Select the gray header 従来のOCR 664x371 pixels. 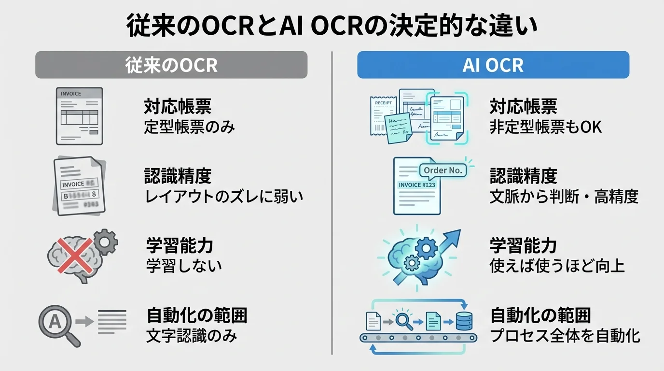tap(171, 65)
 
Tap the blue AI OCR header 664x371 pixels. tap(493, 65)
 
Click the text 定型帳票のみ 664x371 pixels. tap(189, 127)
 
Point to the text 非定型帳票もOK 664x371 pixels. tap(545, 127)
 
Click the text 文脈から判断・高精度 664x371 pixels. tap(564, 197)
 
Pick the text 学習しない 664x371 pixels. tap(184, 265)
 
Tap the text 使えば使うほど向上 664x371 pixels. tap(557, 266)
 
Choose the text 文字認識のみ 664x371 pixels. tap(192, 336)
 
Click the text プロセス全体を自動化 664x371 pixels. tap(565, 336)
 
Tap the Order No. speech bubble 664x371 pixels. tap(443, 170)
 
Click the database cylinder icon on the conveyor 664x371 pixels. tap(464, 321)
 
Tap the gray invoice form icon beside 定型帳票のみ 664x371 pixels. tap(79, 116)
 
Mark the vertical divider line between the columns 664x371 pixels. tap(332, 203)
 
